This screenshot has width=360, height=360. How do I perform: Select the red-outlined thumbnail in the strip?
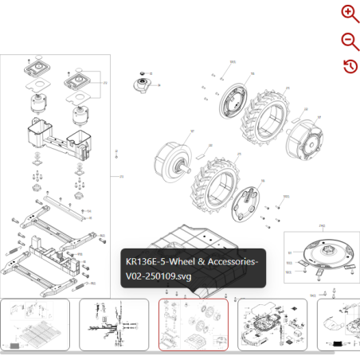(194, 324)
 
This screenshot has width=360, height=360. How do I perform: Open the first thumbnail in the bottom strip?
(35, 324)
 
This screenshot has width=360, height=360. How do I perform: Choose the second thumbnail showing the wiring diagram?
(114, 324)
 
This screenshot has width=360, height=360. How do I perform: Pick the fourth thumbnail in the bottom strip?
(272, 324)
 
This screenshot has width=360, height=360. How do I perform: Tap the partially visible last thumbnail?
(338, 324)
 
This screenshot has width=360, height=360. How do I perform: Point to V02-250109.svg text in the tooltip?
(159, 276)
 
